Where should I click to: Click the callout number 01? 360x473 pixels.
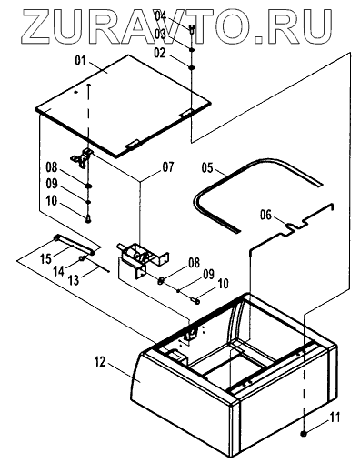(x=81, y=61)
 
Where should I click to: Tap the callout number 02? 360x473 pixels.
(x=160, y=53)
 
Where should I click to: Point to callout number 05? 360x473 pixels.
(x=207, y=167)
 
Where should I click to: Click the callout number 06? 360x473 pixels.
(x=265, y=215)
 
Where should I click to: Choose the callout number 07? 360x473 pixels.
(x=168, y=166)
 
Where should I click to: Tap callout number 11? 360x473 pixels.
(x=335, y=418)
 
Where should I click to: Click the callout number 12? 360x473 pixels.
(x=100, y=362)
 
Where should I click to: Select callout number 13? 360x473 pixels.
(x=74, y=280)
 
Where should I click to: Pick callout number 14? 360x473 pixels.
(x=59, y=271)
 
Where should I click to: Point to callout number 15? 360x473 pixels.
(x=46, y=258)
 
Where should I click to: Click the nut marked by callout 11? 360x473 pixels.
(x=304, y=434)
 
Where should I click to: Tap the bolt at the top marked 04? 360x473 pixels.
(x=192, y=29)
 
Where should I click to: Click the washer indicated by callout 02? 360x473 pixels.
(x=192, y=67)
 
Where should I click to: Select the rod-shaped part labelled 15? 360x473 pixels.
(x=75, y=245)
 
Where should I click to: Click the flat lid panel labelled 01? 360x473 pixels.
(x=123, y=106)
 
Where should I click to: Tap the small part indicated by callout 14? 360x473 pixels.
(x=82, y=258)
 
